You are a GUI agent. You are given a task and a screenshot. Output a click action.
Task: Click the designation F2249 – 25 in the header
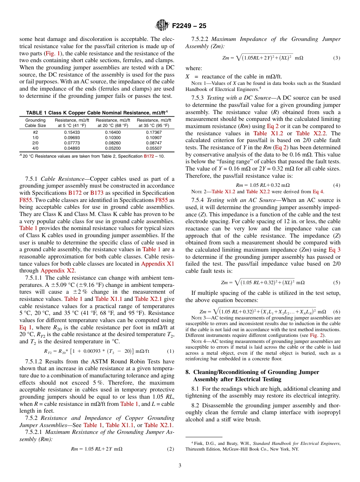[x=189, y=26]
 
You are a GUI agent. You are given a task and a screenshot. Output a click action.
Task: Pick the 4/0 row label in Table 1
[x=36, y=148]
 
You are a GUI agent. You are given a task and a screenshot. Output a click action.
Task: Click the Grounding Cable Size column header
[x=36, y=123]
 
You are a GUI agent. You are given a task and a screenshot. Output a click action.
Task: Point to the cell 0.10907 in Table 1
[x=153, y=138]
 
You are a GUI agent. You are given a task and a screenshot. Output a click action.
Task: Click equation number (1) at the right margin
[x=170, y=351]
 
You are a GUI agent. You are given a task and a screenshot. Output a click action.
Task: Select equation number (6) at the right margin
[x=337, y=312]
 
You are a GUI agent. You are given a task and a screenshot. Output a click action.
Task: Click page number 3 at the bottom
[x=180, y=465]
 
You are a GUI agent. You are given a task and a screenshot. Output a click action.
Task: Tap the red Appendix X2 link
[x=54, y=271]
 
